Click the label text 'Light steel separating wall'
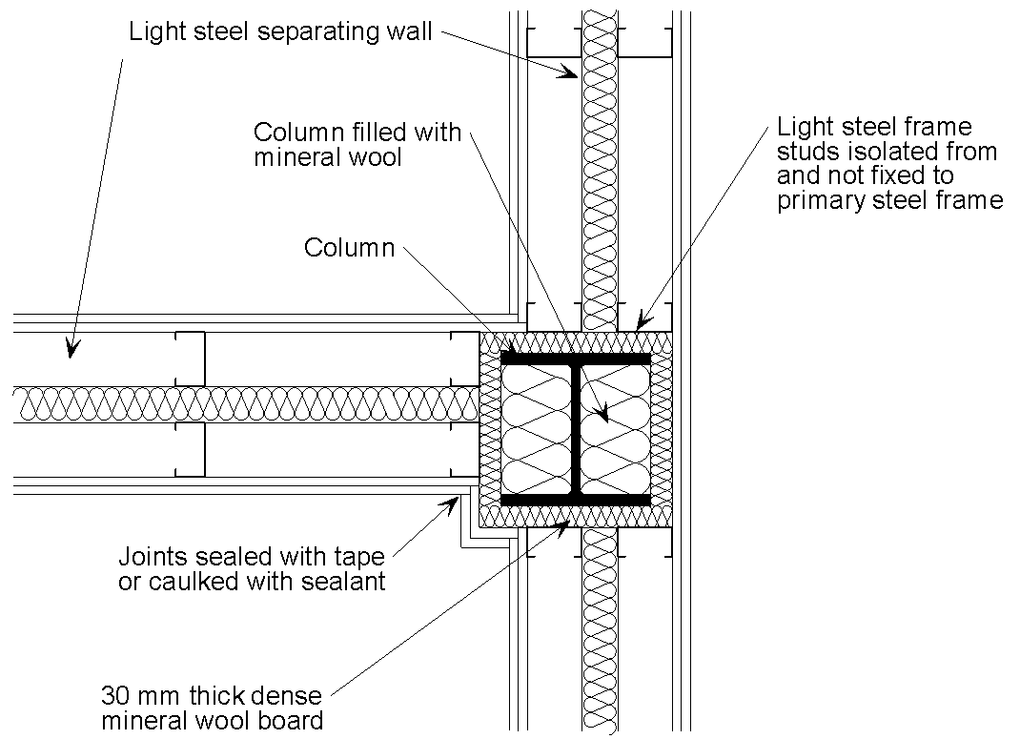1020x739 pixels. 280,32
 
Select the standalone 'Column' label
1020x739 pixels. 349,248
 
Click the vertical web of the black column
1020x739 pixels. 576,429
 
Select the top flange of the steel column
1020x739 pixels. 576,359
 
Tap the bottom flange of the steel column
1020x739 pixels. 576,500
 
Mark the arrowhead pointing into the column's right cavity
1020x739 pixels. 601,415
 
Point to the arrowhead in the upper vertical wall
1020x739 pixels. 569,71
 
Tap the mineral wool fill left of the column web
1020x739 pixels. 538,429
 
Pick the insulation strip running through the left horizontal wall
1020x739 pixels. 238,404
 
